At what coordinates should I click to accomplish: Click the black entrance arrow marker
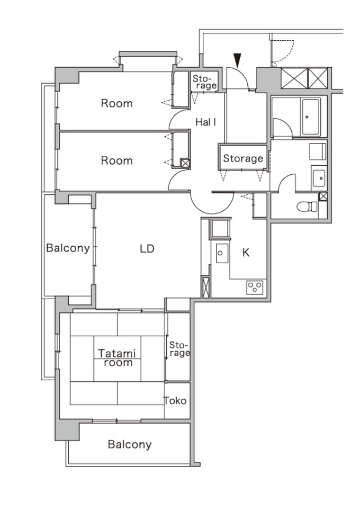tap(238, 60)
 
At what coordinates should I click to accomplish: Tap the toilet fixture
tap(307, 207)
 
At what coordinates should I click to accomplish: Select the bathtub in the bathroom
tap(310, 118)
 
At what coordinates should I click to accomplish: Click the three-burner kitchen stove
tap(255, 287)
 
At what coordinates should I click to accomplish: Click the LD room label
tap(147, 249)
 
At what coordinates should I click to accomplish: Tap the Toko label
tap(175, 401)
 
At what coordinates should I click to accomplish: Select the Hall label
tap(206, 122)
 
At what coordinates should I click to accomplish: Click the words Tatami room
tap(117, 358)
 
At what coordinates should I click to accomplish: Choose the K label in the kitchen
tap(246, 253)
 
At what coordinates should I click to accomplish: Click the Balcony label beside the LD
tap(68, 248)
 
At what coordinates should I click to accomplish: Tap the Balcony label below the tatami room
tap(129, 444)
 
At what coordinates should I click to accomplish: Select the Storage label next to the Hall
tap(243, 158)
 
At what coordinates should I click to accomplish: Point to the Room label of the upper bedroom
tap(117, 103)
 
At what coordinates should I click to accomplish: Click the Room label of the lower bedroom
tap(117, 160)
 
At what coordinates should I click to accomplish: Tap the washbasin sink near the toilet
tap(319, 178)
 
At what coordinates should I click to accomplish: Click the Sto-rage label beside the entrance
tap(204, 82)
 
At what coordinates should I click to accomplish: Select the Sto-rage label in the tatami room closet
tap(179, 349)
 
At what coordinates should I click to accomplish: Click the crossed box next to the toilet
tap(323, 196)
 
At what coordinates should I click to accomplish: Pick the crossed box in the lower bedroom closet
tap(185, 163)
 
